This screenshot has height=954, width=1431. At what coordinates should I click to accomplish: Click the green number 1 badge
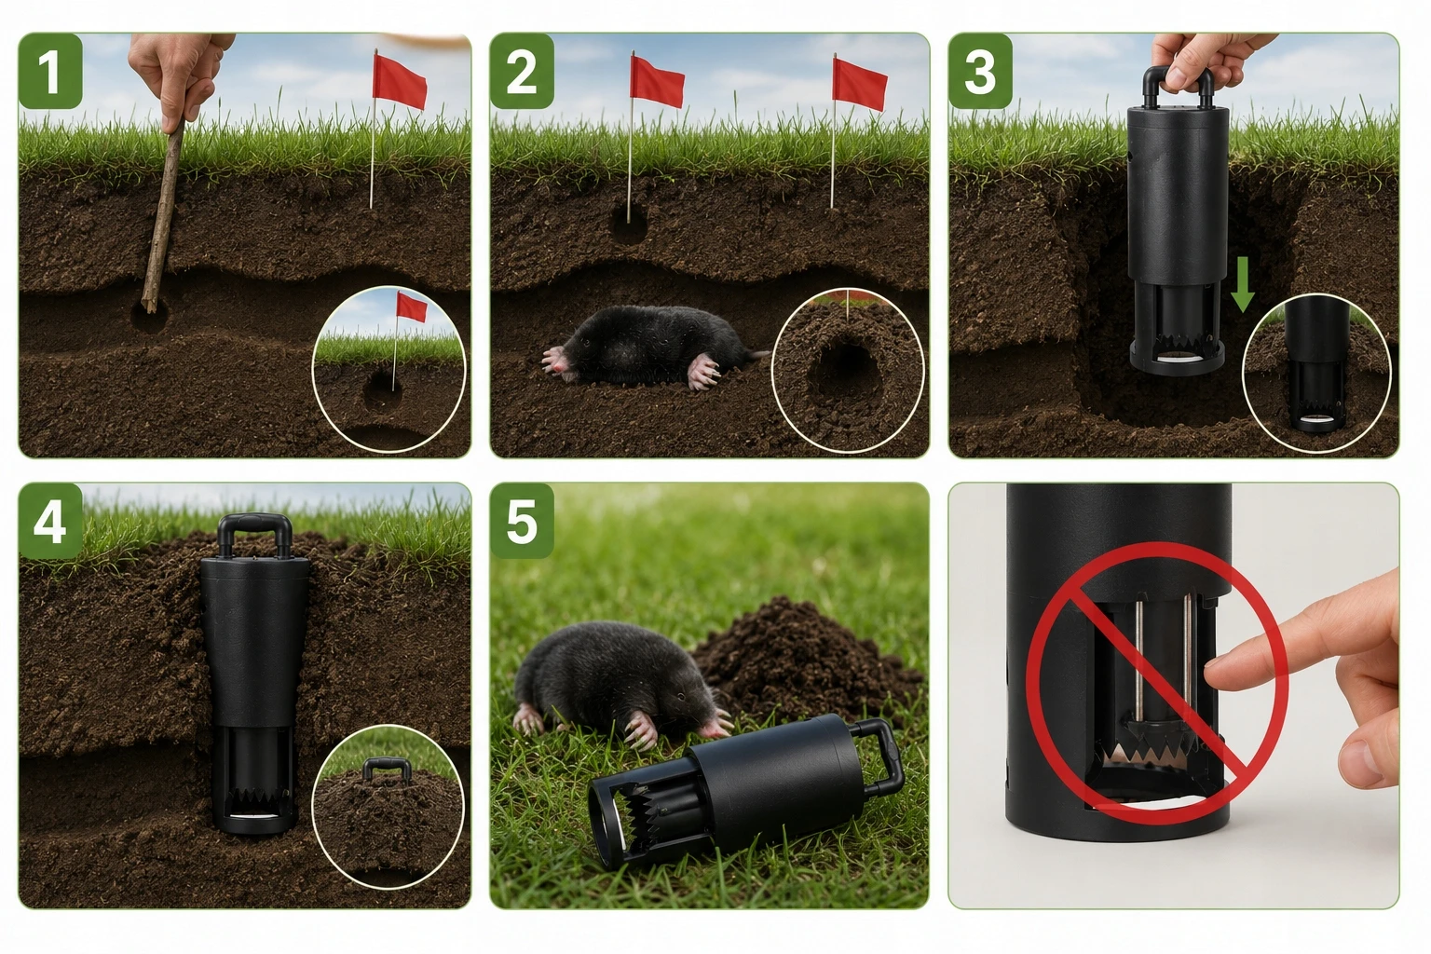click(50, 70)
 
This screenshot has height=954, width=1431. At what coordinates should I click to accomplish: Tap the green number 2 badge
click(522, 70)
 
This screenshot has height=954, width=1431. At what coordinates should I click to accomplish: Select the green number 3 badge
click(980, 70)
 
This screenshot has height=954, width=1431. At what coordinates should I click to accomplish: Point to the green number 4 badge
click(50, 521)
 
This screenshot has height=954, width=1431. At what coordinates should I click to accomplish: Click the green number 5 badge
click(522, 521)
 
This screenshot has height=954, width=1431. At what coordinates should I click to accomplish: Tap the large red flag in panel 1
click(400, 81)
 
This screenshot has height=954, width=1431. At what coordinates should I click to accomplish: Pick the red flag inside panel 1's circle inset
click(412, 307)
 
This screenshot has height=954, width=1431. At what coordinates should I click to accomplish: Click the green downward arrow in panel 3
click(1242, 284)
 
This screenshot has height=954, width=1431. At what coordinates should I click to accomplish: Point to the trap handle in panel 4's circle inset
click(387, 770)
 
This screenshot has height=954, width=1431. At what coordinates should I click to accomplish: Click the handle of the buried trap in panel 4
click(254, 534)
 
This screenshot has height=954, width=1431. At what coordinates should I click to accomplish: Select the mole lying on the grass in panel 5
click(620, 684)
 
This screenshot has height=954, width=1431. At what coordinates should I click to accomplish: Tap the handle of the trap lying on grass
click(885, 757)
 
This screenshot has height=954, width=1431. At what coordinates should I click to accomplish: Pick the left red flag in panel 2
click(657, 82)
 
